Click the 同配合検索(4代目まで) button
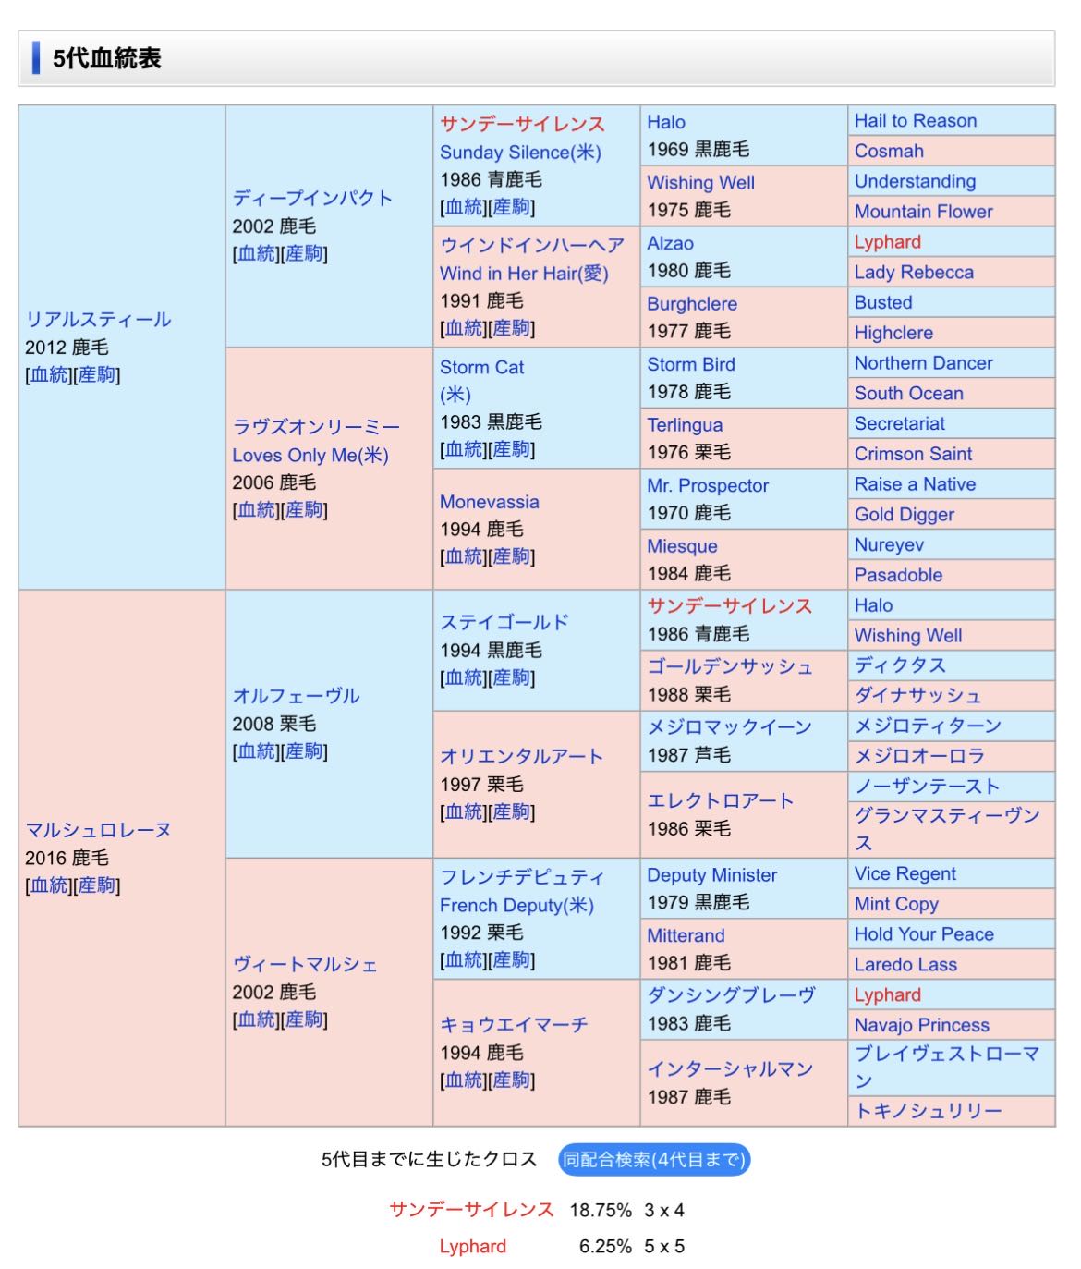tap(653, 1159)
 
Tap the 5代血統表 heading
tap(106, 58)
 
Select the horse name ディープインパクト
tap(312, 198)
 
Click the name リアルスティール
tap(98, 320)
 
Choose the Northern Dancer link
tap(923, 363)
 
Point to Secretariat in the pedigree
tap(899, 423)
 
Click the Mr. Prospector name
tap(708, 485)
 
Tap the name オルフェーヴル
tap(296, 696)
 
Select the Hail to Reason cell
tap(915, 121)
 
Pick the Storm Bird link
tap(690, 364)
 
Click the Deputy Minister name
tap(711, 874)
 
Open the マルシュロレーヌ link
tap(98, 830)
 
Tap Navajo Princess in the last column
tap(921, 1025)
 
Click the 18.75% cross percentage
tap(601, 1210)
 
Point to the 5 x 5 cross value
tap(664, 1246)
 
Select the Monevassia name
tap(489, 502)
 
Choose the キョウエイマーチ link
tap(514, 1025)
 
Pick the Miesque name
tap(682, 546)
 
